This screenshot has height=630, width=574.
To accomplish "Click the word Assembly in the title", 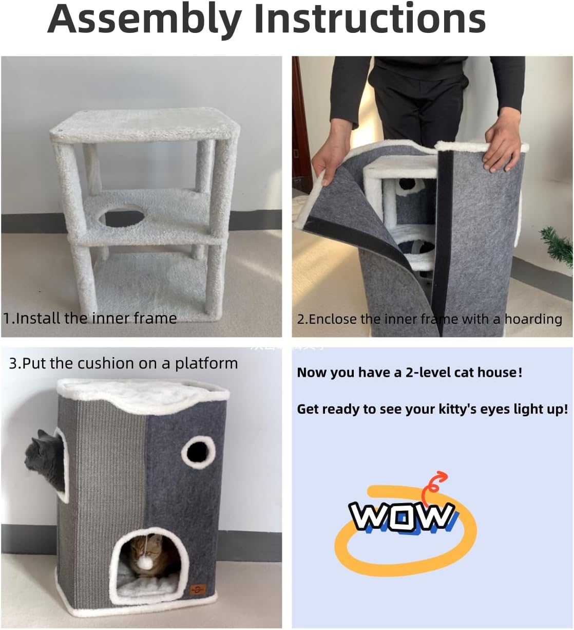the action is coord(145,20).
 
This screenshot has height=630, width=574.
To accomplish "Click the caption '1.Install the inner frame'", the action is coord(90,318).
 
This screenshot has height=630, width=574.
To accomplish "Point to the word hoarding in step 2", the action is coord(533,319).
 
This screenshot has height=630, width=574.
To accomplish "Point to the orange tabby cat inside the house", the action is coord(150,554).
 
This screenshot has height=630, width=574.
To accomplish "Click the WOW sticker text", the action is coord(402,516).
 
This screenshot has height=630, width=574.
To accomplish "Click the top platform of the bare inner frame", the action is coord(144,125).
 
